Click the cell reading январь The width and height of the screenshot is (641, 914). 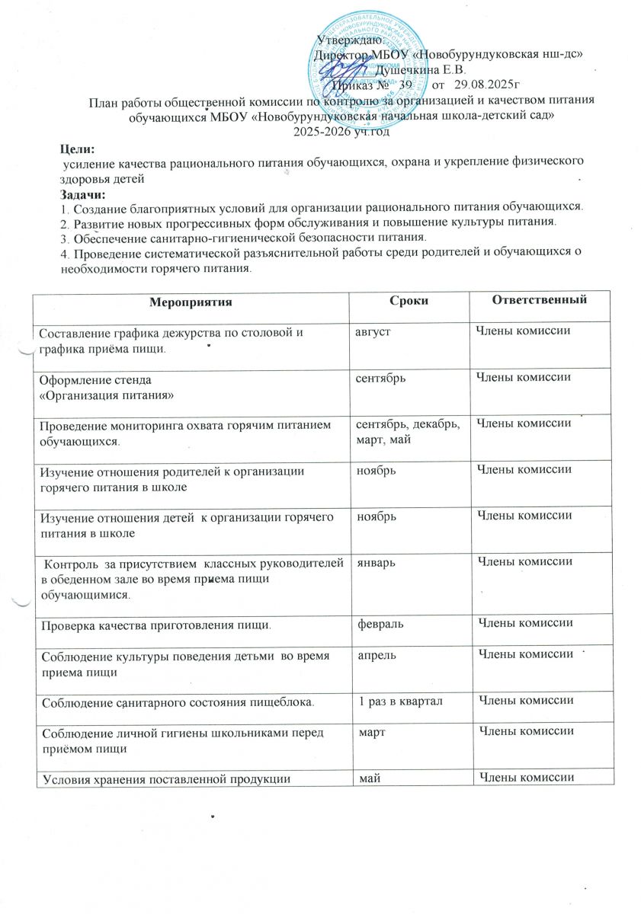(x=377, y=564)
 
